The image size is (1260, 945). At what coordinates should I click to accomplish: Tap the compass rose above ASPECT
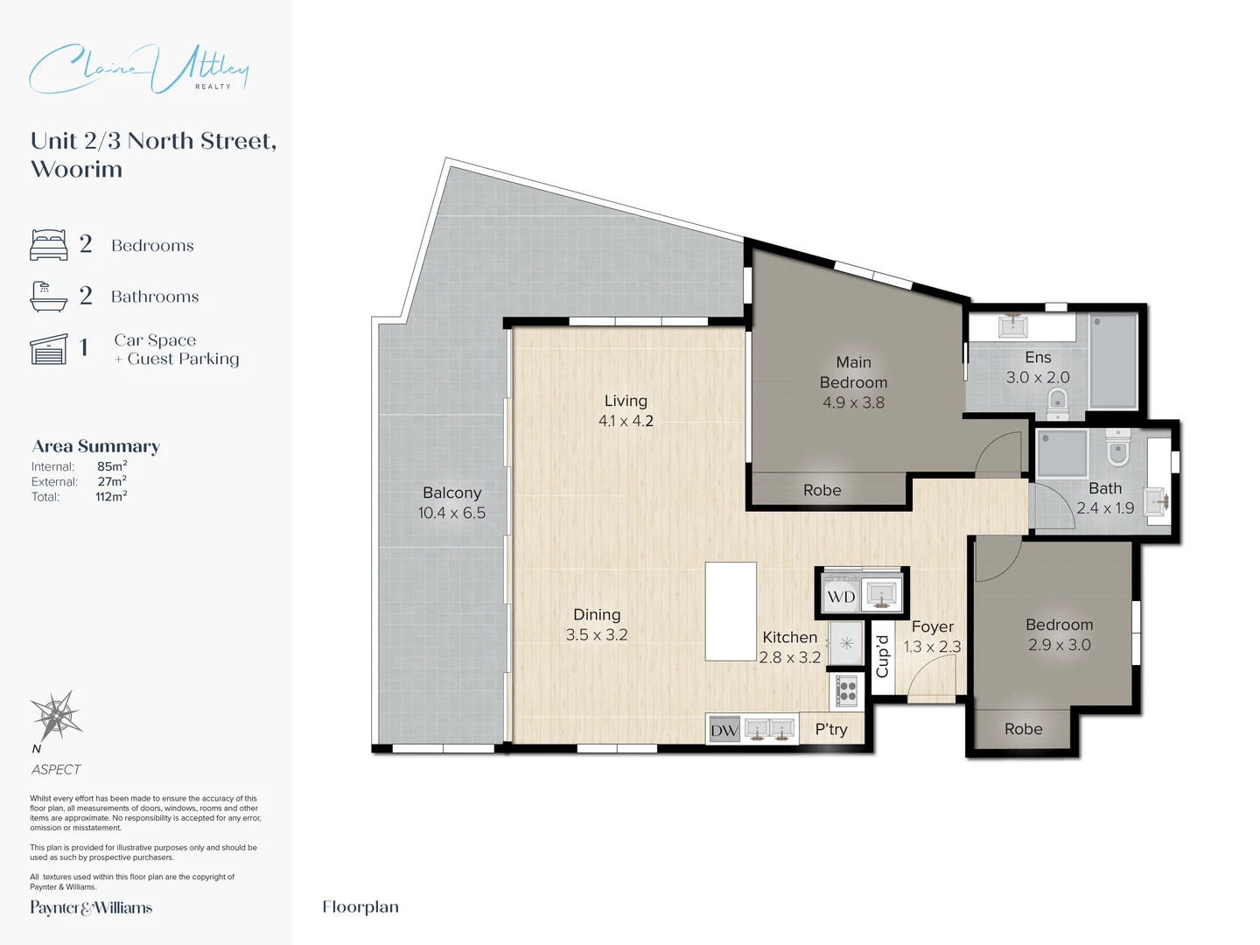coord(56,716)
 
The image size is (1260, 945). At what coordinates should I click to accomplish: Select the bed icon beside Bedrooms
coord(48,245)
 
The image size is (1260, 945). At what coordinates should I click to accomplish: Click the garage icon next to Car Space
coord(48,349)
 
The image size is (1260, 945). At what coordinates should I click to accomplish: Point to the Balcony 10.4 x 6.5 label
coord(451,503)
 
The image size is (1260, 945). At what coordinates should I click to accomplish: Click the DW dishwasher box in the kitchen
coord(724,730)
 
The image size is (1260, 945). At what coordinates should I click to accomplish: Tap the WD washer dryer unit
coord(841,597)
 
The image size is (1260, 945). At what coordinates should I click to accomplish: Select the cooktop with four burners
coord(846,691)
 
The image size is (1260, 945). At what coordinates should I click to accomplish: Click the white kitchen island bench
coord(731,611)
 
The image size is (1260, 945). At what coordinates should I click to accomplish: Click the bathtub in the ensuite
coord(1113,360)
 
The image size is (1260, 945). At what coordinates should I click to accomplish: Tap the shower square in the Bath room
coord(1062,453)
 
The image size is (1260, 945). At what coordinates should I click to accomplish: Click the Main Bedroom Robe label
coord(822,491)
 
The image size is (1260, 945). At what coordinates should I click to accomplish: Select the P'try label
coord(831,729)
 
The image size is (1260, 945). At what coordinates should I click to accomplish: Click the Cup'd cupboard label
coord(882,656)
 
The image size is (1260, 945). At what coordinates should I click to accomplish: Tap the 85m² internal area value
coord(112,466)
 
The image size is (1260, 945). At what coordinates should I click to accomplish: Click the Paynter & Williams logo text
coord(91,908)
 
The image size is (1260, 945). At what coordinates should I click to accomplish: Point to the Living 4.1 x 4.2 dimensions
coord(626,421)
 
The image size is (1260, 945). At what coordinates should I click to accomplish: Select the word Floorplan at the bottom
coord(360,907)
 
